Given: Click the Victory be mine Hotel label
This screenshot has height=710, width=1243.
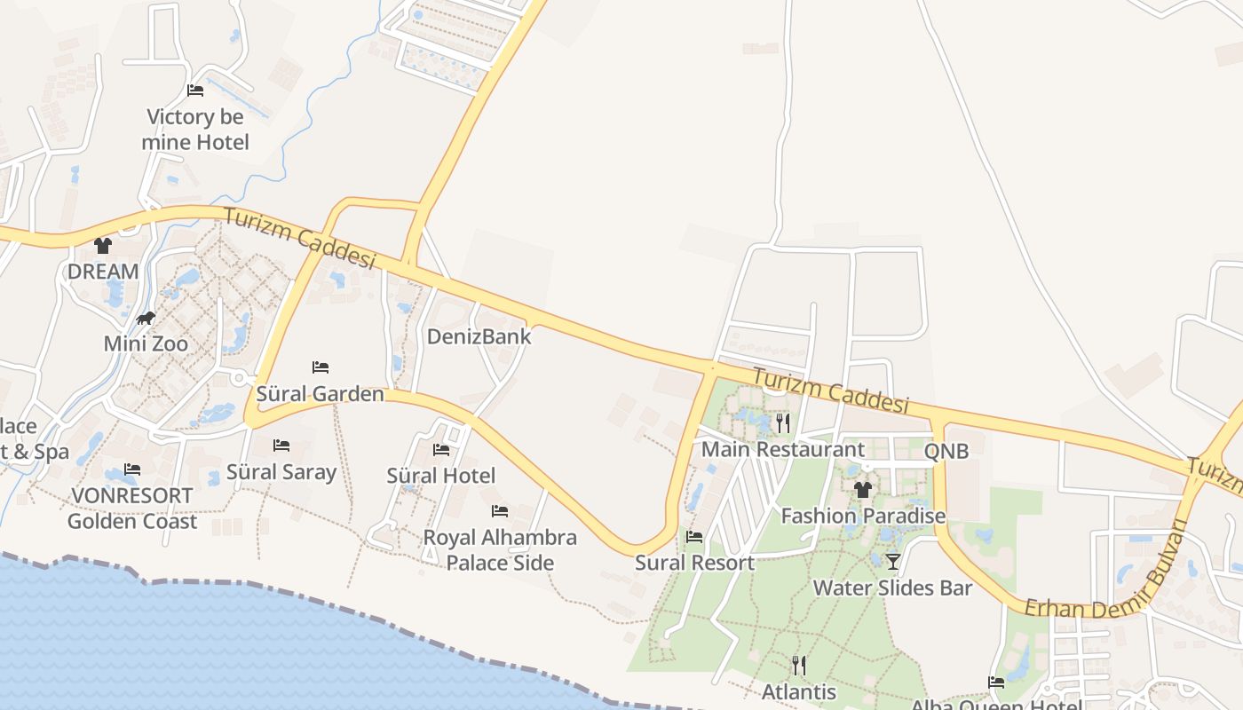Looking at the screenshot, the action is pyautogui.click(x=194, y=130).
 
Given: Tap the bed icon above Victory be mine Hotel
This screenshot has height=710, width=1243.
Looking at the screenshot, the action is pyautogui.click(x=195, y=91).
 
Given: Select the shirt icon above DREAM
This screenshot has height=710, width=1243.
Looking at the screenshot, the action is pyautogui.click(x=103, y=246).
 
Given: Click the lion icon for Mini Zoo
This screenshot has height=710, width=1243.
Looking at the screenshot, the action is pyautogui.click(x=146, y=318).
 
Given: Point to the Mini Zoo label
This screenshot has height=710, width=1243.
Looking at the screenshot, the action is pyautogui.click(x=146, y=343).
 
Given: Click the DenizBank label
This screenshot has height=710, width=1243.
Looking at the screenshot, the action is pyautogui.click(x=479, y=336).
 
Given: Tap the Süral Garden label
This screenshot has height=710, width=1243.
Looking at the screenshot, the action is pyautogui.click(x=320, y=394).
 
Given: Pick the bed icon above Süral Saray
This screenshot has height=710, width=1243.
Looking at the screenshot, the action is pyautogui.click(x=281, y=446).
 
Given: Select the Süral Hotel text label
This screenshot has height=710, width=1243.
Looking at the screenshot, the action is pyautogui.click(x=441, y=476).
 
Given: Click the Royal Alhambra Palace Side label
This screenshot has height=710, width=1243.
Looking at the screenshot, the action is pyautogui.click(x=500, y=550).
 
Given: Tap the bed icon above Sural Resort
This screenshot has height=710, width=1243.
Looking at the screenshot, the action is pyautogui.click(x=694, y=537).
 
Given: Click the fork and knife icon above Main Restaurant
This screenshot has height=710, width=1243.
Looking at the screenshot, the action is pyautogui.click(x=782, y=423).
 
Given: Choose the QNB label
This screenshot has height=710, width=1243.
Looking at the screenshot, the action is pyautogui.click(x=946, y=451).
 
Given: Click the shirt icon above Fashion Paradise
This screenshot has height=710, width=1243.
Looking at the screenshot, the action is pyautogui.click(x=862, y=490).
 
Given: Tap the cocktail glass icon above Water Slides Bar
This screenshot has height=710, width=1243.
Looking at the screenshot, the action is pyautogui.click(x=893, y=562).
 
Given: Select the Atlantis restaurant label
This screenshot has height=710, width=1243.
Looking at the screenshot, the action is pyautogui.click(x=799, y=691).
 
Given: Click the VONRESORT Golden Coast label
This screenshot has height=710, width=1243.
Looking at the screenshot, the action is pyautogui.click(x=132, y=509).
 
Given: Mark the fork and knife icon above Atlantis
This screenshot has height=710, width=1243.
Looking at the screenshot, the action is pyautogui.click(x=799, y=666).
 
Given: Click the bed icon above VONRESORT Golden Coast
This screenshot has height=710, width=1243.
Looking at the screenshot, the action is pyautogui.click(x=132, y=469).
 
